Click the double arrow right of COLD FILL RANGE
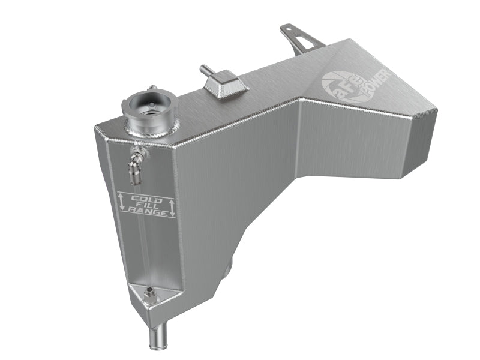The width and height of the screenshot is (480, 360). [172, 206]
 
